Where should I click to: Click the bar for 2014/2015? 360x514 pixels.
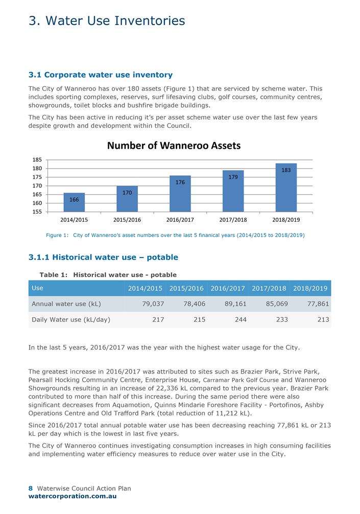click(x=74, y=202)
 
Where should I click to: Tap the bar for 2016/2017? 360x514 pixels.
click(x=180, y=194)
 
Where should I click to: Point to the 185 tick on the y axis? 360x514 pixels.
click(x=37, y=160)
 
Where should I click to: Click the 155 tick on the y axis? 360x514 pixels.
click(x=37, y=212)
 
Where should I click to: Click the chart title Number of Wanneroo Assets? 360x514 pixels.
click(x=174, y=146)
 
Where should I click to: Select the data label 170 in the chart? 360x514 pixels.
click(x=127, y=193)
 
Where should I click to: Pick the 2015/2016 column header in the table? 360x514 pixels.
click(x=186, y=289)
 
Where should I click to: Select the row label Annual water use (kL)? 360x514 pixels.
click(x=66, y=304)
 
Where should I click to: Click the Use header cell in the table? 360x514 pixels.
click(x=38, y=288)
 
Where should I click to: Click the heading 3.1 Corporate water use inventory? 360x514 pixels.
click(x=101, y=75)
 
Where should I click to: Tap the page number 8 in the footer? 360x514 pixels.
click(x=31, y=488)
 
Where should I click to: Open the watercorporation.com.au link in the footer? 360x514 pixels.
click(x=73, y=496)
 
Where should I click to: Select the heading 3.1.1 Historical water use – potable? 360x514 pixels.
click(x=103, y=257)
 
